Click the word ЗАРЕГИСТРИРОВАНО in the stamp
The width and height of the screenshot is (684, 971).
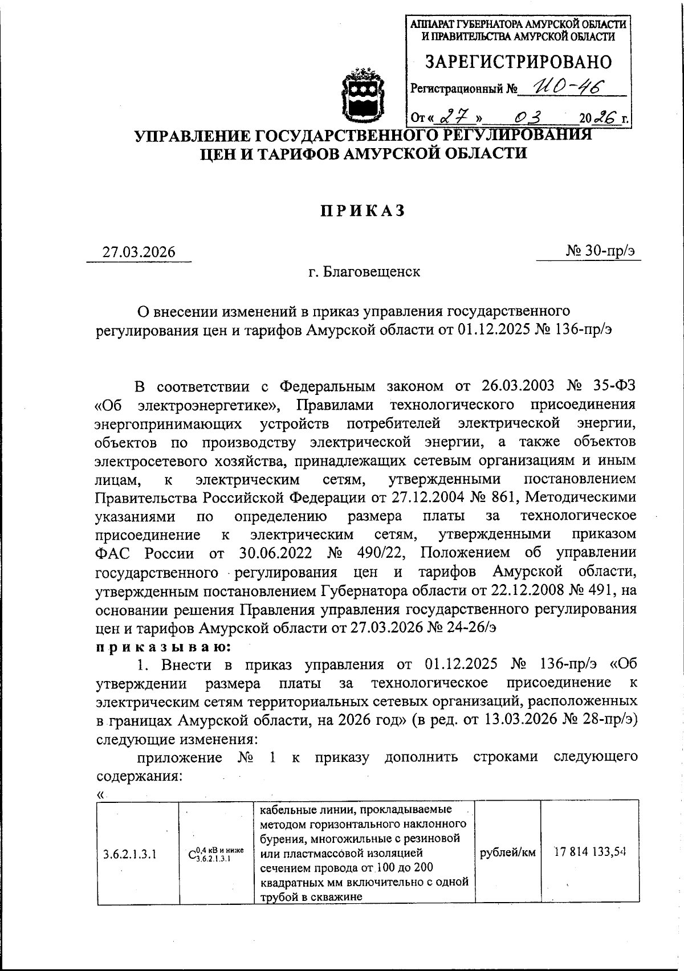tap(519, 62)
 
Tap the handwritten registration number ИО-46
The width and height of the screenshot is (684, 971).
tap(563, 87)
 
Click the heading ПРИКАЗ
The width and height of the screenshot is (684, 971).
tap(362, 211)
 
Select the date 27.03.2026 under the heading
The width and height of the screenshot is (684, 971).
tap(139, 252)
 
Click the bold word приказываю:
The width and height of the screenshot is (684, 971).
tap(163, 647)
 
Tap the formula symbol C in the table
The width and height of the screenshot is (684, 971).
tap(192, 854)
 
